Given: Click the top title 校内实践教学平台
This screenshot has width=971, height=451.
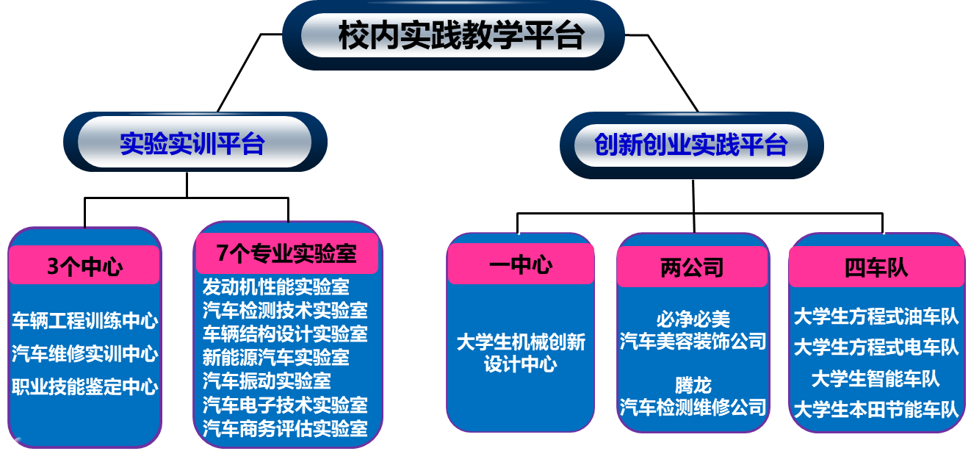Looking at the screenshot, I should coord(461,35).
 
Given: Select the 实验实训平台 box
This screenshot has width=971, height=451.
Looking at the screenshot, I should coord(192,143).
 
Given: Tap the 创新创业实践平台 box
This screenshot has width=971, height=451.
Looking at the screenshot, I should coord(690,145).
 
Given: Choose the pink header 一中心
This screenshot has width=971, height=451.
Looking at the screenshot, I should coord(521,264).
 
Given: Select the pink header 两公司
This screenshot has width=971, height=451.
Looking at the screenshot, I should coord(692,267).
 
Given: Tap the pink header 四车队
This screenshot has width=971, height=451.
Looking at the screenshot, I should coord(876,267).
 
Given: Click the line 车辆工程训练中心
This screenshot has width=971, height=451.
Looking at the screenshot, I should coord(84,321).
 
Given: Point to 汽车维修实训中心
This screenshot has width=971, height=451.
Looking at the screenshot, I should coord(84,354).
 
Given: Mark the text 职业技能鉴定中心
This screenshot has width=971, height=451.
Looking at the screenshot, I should coord(84,387).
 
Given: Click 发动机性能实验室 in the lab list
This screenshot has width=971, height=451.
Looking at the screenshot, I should coord(275,286).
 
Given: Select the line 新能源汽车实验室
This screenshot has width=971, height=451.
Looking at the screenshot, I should coord(275,358).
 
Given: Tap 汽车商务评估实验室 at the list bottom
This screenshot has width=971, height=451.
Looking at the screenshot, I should coord(285,428).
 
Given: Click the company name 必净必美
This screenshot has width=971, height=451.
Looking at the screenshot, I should coord(693,320).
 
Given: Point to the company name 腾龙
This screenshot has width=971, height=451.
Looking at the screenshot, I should coord(693,384).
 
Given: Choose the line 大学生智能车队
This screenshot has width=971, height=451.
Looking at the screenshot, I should coord(876,379).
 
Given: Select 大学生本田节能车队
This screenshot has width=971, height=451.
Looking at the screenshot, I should coord(876,409).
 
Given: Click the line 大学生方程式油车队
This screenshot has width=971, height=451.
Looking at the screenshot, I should coord(876,317).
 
